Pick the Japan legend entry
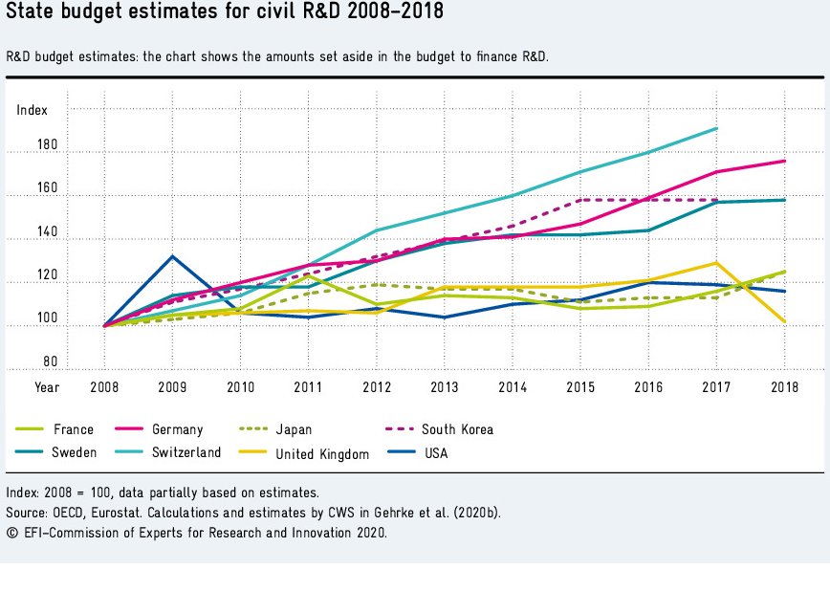tap(292, 429)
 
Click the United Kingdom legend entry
tap(321, 454)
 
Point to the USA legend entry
tap(435, 452)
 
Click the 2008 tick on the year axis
tap(104, 387)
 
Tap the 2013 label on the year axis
tap(444, 387)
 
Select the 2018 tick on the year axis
tap(784, 387)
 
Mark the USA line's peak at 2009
tap(172, 256)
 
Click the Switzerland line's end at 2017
tap(716, 128)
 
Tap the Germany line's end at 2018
tap(784, 161)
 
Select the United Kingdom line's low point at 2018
tap(784, 322)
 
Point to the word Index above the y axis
tap(32, 111)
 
